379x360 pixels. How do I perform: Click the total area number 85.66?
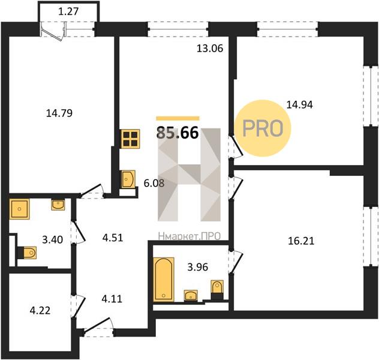178,133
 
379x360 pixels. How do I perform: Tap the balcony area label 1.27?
68,11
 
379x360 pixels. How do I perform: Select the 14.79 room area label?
59,113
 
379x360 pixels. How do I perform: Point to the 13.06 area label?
210,49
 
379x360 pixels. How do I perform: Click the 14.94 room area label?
299,104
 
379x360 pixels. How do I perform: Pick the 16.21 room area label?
301,241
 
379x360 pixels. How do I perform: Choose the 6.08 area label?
154,183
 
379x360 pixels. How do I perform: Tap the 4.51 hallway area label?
113,238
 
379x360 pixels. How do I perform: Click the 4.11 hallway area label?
112,299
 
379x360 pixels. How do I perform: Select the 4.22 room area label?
40,310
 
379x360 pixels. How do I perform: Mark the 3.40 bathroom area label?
52,239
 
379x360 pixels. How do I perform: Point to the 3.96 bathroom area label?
198,267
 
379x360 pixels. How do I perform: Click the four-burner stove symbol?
131,139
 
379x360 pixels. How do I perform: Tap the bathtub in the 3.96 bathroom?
164,280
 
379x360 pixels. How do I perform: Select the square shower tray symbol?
19,209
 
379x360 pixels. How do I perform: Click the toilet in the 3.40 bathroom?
27,253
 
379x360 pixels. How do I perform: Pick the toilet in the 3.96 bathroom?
217,290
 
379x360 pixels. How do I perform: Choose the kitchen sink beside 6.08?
128,179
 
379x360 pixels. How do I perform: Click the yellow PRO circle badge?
263,128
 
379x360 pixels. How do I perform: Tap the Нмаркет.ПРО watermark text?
189,236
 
